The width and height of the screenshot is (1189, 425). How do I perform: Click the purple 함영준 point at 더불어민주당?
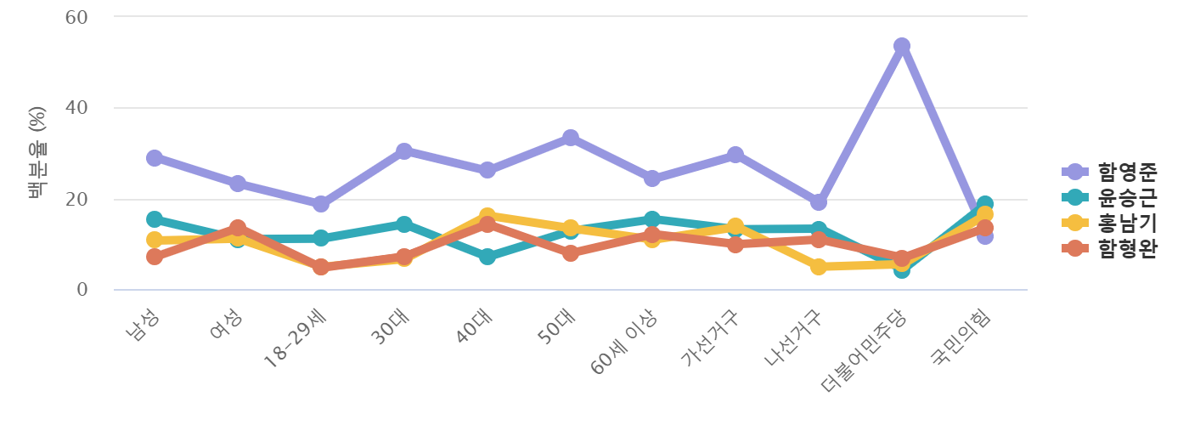pos(901,45)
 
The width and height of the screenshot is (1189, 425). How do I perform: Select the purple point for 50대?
pos(570,138)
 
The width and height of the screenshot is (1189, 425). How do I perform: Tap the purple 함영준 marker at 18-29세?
pos(320,204)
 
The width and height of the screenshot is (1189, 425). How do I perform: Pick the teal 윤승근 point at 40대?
pos(487,256)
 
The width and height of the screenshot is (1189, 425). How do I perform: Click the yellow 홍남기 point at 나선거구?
pos(818,267)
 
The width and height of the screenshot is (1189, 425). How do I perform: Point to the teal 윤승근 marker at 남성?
pos(155,219)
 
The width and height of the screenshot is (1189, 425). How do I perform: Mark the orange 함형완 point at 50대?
pos(570,253)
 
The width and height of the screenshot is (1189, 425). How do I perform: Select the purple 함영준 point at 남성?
pos(155,158)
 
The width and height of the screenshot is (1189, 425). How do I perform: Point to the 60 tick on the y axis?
pos(77,16)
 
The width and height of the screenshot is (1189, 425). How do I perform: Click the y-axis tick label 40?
pos(77,108)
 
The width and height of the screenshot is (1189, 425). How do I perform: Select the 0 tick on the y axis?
pos(82,290)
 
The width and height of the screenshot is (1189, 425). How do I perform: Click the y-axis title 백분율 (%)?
pos(37,154)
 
